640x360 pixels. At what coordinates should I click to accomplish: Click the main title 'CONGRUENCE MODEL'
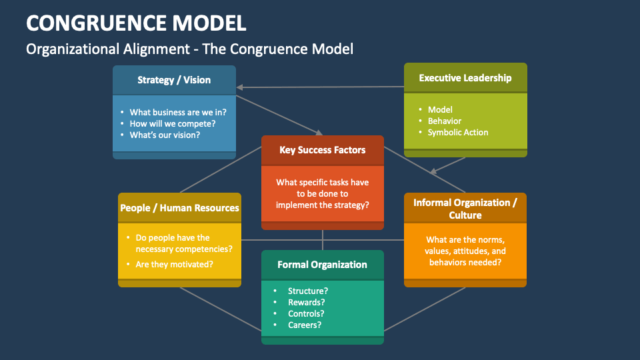pyautogui.click(x=136, y=23)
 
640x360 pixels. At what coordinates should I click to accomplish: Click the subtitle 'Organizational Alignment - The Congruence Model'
pyautogui.click(x=189, y=49)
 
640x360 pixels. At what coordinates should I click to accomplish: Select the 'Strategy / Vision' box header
pyautogui.click(x=174, y=80)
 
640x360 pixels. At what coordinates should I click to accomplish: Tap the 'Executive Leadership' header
pyautogui.click(x=465, y=78)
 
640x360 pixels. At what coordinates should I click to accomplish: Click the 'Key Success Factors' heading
pyautogui.click(x=323, y=150)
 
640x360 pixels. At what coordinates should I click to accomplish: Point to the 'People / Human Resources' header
pyautogui.click(x=179, y=208)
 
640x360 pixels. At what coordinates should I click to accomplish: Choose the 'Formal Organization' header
pyautogui.click(x=322, y=265)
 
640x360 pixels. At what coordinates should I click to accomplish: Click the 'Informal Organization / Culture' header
pyautogui.click(x=465, y=209)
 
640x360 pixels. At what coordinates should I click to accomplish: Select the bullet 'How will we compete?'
pyautogui.click(x=172, y=123)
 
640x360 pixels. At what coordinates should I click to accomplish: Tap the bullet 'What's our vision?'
pyautogui.click(x=165, y=135)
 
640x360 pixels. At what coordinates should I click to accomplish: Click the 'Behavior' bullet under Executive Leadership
pyautogui.click(x=445, y=121)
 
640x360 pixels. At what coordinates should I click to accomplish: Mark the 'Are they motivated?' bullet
pyautogui.click(x=175, y=264)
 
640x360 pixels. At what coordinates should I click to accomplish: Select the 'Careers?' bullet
pyautogui.click(x=305, y=325)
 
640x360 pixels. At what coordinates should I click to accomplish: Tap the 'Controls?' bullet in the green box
pyautogui.click(x=306, y=313)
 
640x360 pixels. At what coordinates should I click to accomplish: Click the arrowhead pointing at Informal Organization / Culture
pyautogui.click(x=434, y=171)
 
